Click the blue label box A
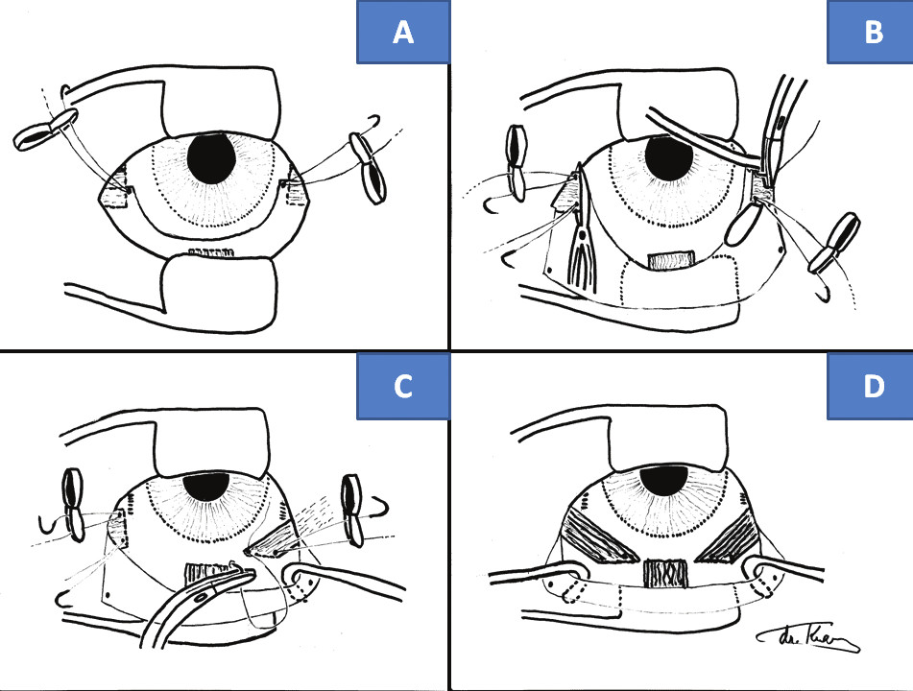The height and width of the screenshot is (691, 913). coord(403,34)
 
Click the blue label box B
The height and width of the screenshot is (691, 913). coord(873,34)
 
